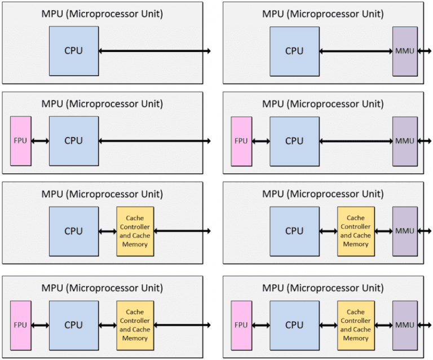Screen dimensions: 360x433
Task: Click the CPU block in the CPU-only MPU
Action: pos(73,51)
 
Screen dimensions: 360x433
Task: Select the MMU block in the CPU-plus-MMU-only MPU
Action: pos(405,51)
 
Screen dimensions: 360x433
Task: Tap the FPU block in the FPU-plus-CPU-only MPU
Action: pos(21,141)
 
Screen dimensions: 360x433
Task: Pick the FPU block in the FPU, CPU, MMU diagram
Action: pos(241,141)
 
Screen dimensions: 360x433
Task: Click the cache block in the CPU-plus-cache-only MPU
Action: pos(135,231)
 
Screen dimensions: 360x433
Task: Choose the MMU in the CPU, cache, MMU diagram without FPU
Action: pos(405,231)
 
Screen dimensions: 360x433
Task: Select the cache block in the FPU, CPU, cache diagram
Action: pos(135,325)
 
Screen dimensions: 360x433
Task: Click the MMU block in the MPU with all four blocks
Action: pos(405,325)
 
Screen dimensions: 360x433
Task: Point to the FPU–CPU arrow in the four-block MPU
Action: pos(261,325)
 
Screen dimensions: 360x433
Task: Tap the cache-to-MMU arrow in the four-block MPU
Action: pos(383,325)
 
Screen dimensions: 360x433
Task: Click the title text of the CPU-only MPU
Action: pos(102,14)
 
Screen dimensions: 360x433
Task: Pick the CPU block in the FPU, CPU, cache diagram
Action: pos(73,325)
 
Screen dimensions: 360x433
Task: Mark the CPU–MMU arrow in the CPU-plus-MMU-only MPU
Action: pos(356,51)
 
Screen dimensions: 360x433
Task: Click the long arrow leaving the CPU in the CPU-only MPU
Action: pos(154,51)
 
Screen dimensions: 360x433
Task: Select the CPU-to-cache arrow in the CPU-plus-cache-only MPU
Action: pos(107,231)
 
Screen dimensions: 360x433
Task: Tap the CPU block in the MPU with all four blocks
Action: pos(294,325)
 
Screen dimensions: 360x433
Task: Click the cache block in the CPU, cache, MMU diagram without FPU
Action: pos(356,231)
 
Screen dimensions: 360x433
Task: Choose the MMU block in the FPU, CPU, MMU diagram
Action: pos(405,141)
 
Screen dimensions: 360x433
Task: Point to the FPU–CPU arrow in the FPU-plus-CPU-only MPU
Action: pos(41,141)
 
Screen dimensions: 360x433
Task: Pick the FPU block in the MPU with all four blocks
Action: pos(241,325)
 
